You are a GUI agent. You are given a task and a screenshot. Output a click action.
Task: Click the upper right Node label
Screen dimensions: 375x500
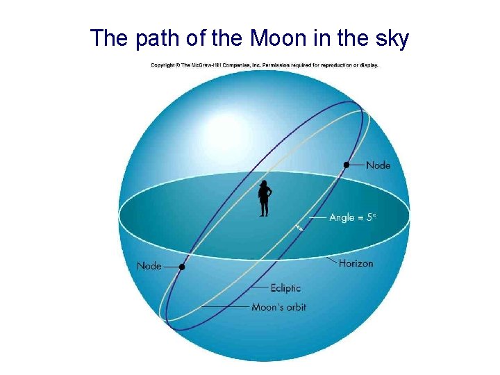(378, 165)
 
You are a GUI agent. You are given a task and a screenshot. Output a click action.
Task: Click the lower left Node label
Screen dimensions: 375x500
(149, 266)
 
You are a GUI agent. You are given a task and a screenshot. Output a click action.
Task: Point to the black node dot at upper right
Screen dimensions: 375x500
(346, 165)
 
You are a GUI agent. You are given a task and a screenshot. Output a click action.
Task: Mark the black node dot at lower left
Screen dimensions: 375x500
(182, 267)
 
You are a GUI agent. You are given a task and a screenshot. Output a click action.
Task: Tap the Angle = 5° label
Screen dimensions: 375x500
(352, 217)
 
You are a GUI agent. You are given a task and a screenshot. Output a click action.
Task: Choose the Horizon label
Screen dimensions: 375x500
(356, 263)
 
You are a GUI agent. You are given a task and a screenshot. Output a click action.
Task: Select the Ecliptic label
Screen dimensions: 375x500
(285, 287)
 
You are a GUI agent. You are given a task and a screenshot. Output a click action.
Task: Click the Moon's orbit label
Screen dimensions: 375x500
(278, 307)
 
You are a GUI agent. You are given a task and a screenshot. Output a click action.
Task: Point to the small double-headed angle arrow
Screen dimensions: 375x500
(299, 227)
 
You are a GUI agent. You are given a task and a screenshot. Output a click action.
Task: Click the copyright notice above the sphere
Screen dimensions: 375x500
(264, 65)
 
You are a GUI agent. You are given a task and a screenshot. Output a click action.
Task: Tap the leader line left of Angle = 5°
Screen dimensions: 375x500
(317, 217)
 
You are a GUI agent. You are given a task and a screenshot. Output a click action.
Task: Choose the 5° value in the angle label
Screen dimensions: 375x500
(371, 217)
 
